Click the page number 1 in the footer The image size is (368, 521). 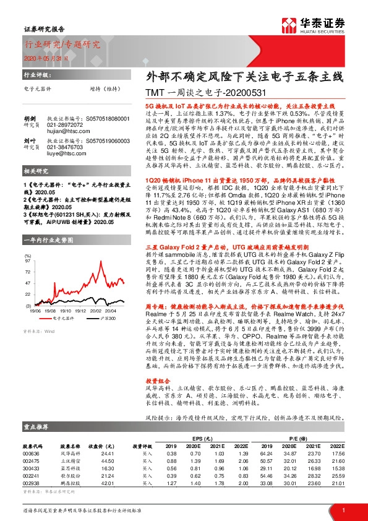click(343, 509)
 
